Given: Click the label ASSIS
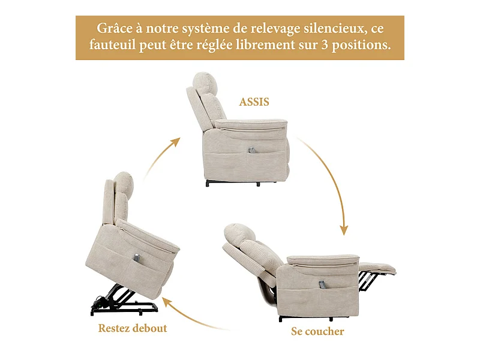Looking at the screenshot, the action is tap(254, 101).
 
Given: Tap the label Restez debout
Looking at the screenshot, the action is tap(133, 328).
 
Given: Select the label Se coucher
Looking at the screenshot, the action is tap(317, 331).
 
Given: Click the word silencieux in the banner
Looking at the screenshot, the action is tap(335, 29).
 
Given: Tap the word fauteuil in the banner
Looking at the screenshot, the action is tap(112, 44).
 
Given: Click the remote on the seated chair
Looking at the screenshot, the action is tap(251, 151).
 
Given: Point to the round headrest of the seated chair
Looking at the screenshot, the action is tap(205, 82).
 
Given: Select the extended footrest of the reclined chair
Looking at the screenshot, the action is tap(377, 268).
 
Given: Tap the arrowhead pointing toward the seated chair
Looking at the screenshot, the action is tap(175, 142).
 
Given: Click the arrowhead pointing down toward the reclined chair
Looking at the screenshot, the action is tap(344, 230).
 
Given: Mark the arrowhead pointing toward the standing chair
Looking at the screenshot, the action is tap(167, 302).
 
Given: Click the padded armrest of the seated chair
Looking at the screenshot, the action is tap(251, 125).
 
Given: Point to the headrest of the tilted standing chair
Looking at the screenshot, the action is tap(124, 183).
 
